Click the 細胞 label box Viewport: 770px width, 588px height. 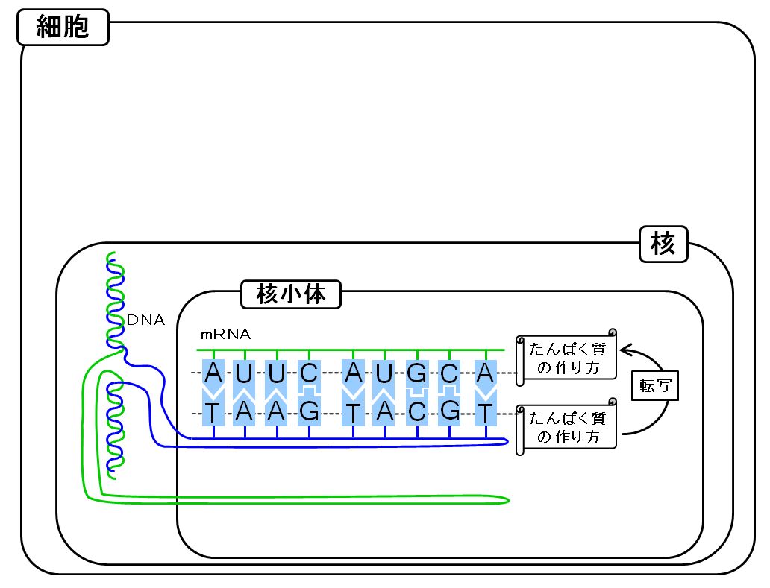coord(63,27)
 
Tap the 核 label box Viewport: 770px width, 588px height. coord(663,244)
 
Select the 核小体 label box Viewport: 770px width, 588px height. coord(291,294)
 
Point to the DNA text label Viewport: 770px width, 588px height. coord(145,320)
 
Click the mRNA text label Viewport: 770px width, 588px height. coord(225,335)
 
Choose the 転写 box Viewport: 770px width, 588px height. coord(654,385)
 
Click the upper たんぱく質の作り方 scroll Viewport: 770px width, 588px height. coord(566,358)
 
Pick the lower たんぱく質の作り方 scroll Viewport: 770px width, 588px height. coord(566,427)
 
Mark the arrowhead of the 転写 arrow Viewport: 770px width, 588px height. coord(625,350)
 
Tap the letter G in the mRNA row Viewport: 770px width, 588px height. coord(417,373)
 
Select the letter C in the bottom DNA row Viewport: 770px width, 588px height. coord(417,412)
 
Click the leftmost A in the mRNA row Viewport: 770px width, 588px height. coord(213,373)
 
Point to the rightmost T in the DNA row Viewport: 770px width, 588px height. coord(485,413)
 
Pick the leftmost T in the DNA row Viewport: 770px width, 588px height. coord(212,413)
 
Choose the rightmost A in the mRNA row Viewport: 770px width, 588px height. coord(485,373)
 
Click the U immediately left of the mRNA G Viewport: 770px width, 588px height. coord(384,373)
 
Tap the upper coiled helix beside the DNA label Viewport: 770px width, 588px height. coord(115,302)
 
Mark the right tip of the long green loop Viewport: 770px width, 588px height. coord(509,500)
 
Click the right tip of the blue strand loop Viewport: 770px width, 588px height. coord(507,442)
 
